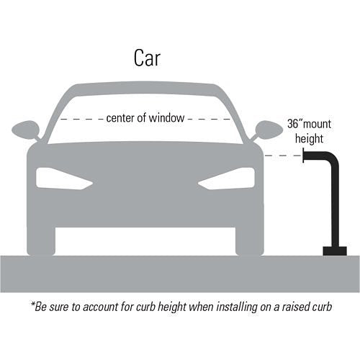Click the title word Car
point(147,58)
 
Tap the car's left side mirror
point(26,130)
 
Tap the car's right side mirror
point(269,130)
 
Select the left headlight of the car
point(64,179)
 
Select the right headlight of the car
point(226,179)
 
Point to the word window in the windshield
point(166,117)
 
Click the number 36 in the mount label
point(293,124)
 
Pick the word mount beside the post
point(317,124)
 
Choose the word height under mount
point(309,139)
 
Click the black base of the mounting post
point(335,251)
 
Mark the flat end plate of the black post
point(303,156)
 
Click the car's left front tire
point(41,241)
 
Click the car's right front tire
point(250,241)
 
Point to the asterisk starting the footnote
point(32,304)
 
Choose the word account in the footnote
point(100,307)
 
